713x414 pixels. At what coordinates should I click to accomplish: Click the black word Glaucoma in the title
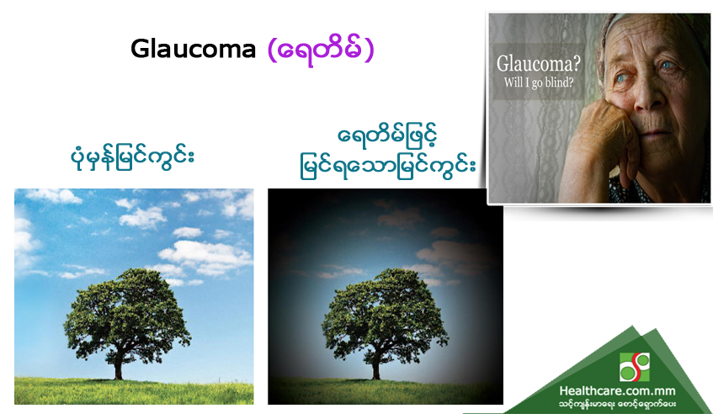[194, 49]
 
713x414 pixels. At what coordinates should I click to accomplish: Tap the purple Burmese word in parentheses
[321, 50]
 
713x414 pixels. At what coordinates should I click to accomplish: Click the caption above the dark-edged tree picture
[387, 154]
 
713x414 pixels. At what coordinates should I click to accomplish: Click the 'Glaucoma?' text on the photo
[539, 63]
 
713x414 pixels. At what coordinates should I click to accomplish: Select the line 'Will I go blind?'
[539, 82]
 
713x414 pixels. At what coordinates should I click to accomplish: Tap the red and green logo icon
[635, 367]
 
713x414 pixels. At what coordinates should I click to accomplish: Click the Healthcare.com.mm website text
[617, 390]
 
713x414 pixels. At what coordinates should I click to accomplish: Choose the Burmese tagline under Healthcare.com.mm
[617, 404]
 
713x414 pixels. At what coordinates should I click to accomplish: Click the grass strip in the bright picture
[134, 390]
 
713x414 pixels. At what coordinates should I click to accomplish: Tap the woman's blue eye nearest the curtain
[620, 78]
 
